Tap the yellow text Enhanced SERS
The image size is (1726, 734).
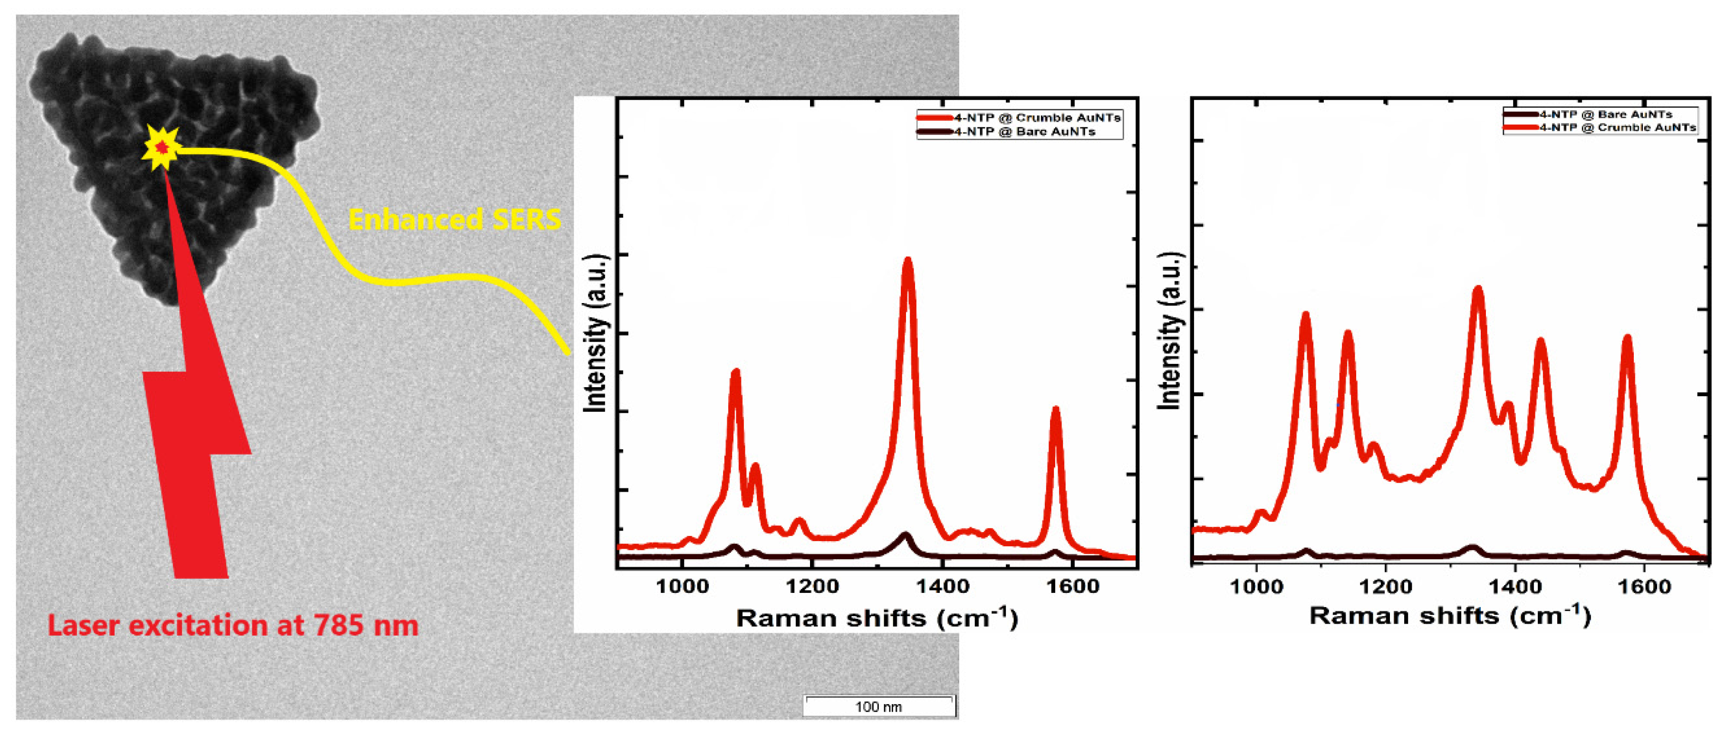[454, 219]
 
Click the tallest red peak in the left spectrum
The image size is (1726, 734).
[908, 263]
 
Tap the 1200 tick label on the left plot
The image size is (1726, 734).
[812, 587]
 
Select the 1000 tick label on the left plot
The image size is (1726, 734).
[682, 587]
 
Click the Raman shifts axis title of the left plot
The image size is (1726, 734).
[877, 618]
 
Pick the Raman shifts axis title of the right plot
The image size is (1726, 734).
[1449, 615]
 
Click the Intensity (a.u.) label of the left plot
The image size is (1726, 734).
[595, 333]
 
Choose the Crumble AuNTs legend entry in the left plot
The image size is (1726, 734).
[1035, 118]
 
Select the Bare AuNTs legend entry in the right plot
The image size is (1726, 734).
[1605, 114]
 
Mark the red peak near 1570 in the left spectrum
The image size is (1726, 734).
[1055, 410]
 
